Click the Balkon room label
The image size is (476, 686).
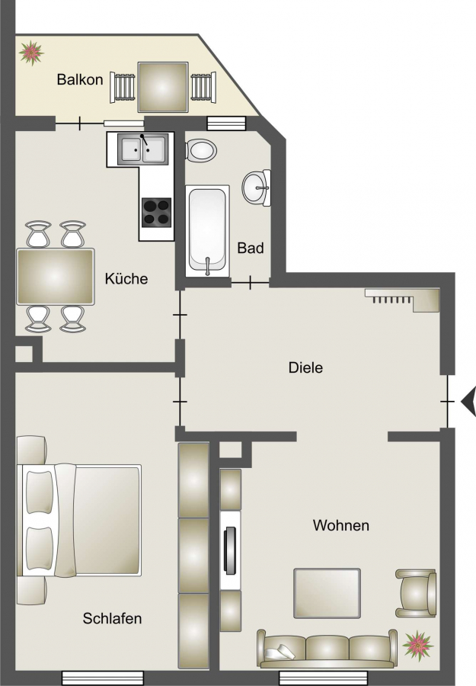pos(80,79)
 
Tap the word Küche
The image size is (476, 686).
pos(126,278)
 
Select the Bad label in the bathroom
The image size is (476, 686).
pos(251,248)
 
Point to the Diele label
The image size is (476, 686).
pos(305,367)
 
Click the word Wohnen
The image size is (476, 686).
pos(341,525)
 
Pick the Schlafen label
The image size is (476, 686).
pos(112,618)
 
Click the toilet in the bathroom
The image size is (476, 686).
pos(201,150)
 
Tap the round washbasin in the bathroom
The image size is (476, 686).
pos(257,188)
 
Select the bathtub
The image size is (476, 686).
pos(208,231)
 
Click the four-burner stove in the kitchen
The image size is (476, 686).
pos(156,212)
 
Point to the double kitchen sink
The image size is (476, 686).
pos(143,149)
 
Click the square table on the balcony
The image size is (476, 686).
pos(162,87)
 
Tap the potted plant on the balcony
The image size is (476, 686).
pos(31,53)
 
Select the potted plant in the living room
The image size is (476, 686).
pos(418,646)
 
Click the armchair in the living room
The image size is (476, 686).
pos(416,593)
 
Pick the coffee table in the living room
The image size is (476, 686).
pos(327,593)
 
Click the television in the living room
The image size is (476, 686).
pos(230,550)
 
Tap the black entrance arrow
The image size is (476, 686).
pos(468,401)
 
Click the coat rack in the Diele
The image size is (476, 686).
pos(402,300)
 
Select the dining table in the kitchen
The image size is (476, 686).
pos(55,277)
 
